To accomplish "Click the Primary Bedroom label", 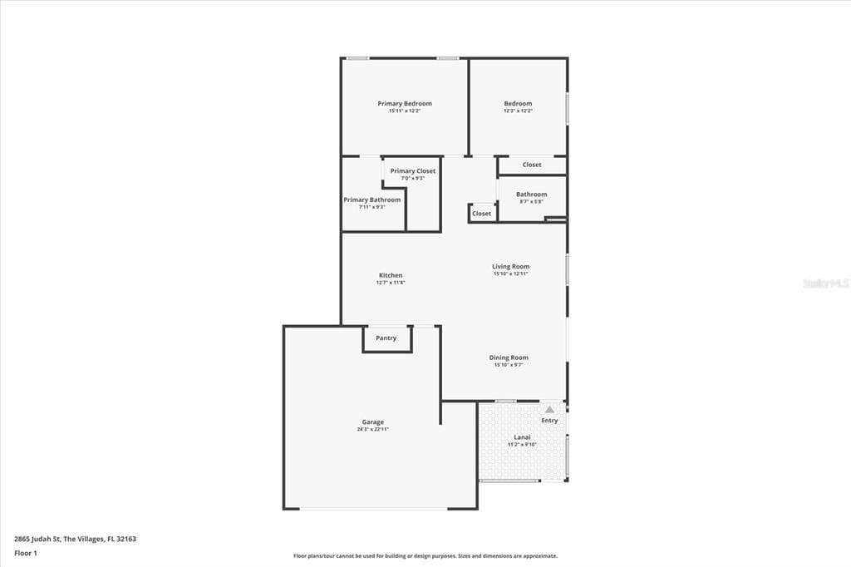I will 405,104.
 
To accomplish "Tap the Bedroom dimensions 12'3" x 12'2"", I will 518,111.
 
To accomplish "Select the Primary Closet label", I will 413,171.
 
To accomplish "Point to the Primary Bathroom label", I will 372,200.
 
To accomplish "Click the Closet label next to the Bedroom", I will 532,165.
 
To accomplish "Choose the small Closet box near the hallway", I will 482,214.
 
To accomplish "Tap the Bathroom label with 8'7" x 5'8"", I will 532,195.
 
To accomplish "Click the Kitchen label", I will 391,275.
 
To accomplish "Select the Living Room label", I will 511,267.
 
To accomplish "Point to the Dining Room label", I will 509,357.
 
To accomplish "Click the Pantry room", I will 386,338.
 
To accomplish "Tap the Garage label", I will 372,422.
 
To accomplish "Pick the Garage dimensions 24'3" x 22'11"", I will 372,430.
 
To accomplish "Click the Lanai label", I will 523,436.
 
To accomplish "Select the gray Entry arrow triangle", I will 549,409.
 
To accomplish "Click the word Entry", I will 550,421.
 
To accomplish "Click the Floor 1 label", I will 26,553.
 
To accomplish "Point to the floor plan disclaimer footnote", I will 425,556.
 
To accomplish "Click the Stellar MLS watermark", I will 825,283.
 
